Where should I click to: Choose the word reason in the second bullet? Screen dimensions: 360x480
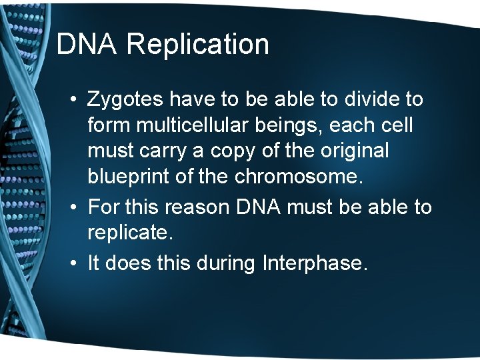coord(199,207)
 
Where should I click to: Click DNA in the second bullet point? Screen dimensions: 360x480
coord(260,207)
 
